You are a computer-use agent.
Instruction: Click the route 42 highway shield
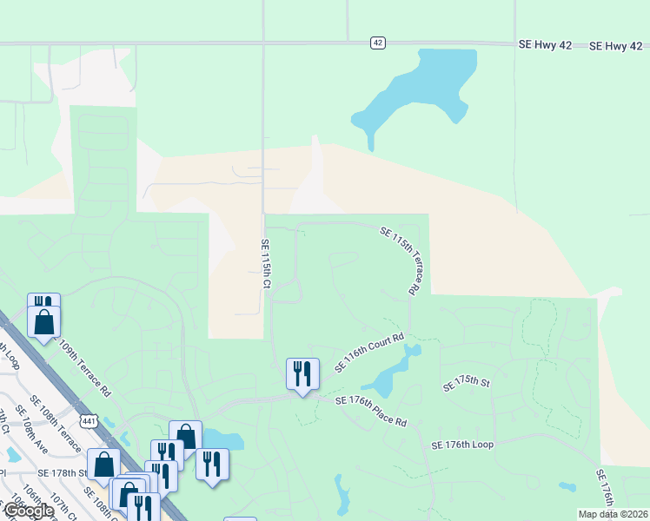click(x=377, y=43)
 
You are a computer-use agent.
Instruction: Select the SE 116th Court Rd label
click(x=370, y=354)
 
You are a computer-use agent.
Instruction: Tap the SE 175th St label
click(x=467, y=383)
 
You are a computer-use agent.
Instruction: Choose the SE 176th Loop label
click(x=462, y=445)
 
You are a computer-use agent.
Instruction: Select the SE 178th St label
click(x=63, y=473)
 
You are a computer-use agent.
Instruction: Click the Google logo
click(x=28, y=511)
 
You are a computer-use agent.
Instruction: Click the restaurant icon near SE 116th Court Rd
click(x=302, y=374)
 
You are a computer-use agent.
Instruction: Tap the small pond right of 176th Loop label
click(x=567, y=486)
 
